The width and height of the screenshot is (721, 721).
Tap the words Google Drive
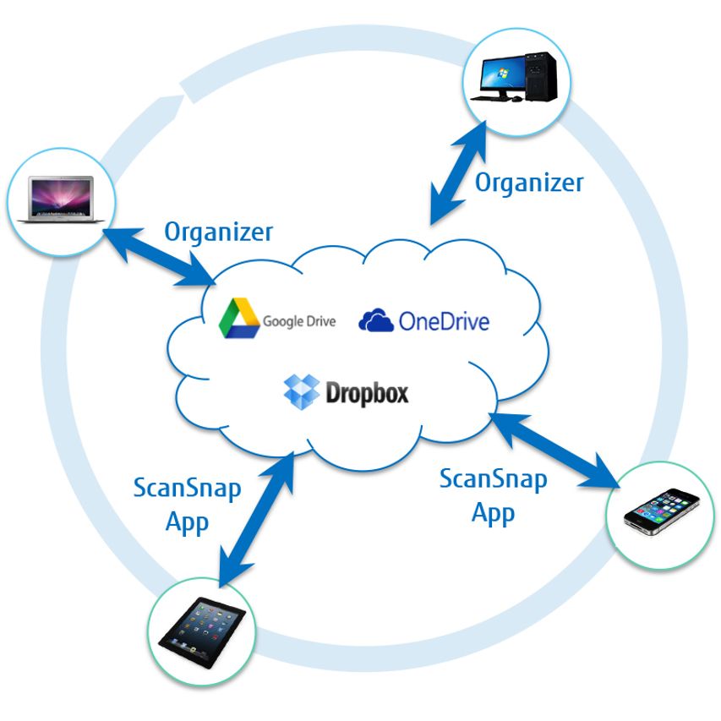(299, 321)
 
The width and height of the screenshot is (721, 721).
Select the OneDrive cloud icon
(376, 320)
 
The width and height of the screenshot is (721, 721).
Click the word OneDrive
(444, 321)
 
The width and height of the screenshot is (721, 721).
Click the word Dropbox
(367, 393)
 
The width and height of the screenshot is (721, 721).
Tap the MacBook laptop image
(61, 199)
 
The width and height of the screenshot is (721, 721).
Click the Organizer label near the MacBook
(218, 231)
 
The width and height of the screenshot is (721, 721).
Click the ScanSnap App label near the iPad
(187, 505)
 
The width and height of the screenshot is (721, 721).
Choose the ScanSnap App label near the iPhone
(493, 496)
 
